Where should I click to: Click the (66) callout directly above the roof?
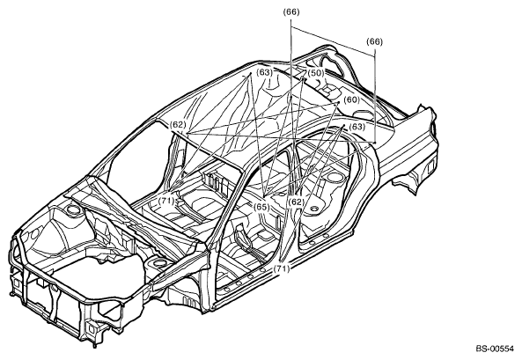(x=291, y=12)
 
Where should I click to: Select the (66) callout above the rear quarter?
(x=374, y=41)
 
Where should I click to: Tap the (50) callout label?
(x=316, y=72)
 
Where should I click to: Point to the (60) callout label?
(x=351, y=100)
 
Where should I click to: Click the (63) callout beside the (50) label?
(x=265, y=72)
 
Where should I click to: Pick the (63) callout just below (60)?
(x=357, y=127)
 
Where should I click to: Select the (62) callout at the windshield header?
(x=178, y=125)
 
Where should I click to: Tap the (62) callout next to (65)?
(x=297, y=202)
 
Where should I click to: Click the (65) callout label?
(x=261, y=207)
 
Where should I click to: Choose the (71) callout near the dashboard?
(x=166, y=201)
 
